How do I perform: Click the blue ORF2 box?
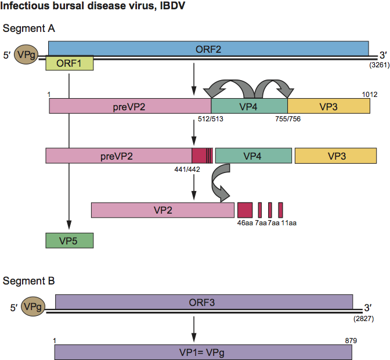point(208,48)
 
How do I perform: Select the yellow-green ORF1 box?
point(69,63)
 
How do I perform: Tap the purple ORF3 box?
point(204,301)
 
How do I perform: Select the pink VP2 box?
point(162,210)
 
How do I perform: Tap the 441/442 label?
point(189,169)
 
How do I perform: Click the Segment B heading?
point(29,282)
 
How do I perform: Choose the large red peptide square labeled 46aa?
point(244,210)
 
